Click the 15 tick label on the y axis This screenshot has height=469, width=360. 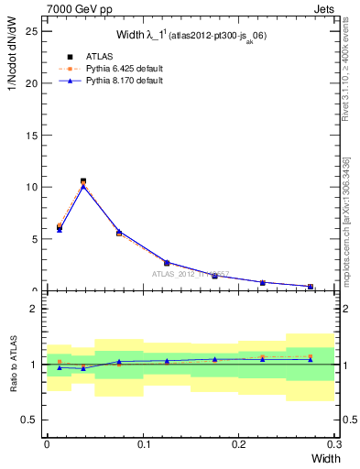click(33, 136)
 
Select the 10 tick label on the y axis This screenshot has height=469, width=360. click(33, 187)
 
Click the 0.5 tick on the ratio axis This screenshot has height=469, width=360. click(31, 420)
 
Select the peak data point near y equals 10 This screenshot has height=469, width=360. click(83, 182)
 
